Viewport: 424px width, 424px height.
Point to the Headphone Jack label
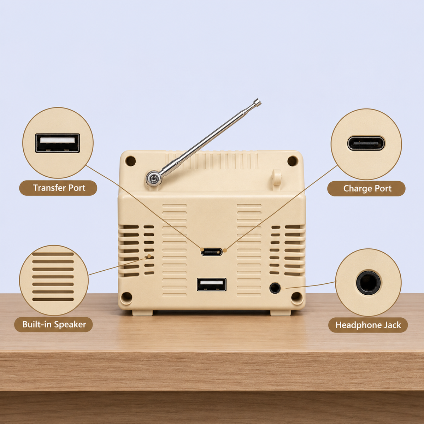click(368, 325)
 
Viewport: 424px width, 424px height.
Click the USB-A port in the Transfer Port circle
click(58, 143)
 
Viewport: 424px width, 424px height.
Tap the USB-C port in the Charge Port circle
click(366, 143)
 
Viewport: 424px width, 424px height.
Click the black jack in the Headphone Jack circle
click(368, 283)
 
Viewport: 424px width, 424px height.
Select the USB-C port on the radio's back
click(212, 252)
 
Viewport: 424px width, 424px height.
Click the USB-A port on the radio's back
click(212, 284)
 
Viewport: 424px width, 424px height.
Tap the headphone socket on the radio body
click(275, 288)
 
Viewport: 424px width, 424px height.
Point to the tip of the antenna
click(257, 102)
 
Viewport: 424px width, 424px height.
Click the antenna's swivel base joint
click(154, 178)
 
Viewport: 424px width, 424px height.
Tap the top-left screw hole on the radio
click(130, 161)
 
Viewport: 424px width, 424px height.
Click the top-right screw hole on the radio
click(293, 161)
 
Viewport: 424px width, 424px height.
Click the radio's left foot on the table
click(142, 313)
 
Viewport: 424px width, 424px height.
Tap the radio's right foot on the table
click(281, 313)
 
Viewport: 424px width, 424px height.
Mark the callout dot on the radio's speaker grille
click(149, 256)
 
